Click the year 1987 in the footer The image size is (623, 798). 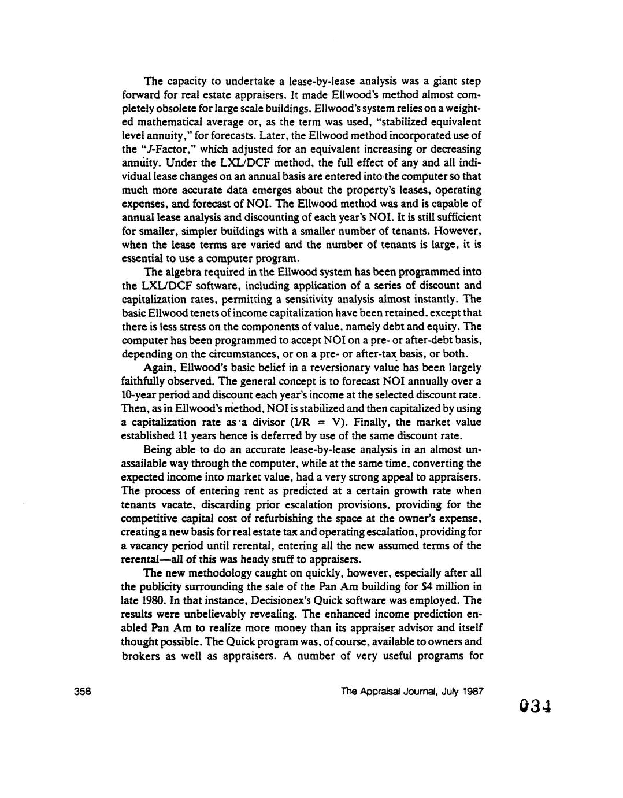point(472,691)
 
